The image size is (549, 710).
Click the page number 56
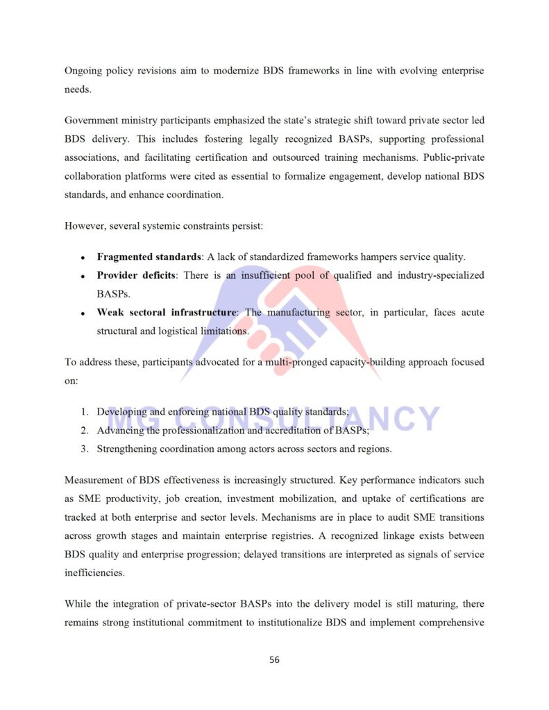click(x=274, y=659)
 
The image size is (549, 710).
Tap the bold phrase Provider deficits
click(x=135, y=276)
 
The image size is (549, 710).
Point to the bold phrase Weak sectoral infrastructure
click(x=166, y=313)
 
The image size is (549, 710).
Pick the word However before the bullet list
click(x=85, y=226)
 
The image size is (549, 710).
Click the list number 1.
click(x=84, y=412)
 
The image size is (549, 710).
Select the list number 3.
click(x=84, y=449)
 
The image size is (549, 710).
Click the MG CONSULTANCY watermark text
click(x=274, y=418)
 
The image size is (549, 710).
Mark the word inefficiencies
click(x=94, y=573)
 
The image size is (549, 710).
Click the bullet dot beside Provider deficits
click(x=83, y=277)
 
